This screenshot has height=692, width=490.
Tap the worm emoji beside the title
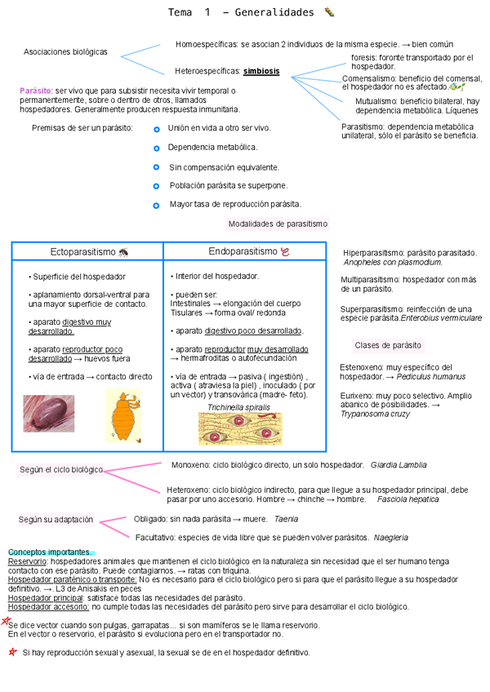329,12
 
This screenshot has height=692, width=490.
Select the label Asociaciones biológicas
65,51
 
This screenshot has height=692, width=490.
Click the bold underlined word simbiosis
261,71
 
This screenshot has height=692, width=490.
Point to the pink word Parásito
35,90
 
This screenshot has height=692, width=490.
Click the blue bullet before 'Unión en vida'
156,129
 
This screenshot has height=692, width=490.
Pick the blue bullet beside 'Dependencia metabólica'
156,148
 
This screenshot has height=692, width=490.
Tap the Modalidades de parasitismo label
278,224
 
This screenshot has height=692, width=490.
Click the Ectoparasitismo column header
84,252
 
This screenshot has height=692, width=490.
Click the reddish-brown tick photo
48,413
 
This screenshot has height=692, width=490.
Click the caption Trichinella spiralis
238,406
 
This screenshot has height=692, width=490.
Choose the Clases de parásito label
388,345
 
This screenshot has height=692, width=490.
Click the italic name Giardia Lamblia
399,465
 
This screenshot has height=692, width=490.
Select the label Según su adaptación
56,520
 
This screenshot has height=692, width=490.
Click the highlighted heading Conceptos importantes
50,552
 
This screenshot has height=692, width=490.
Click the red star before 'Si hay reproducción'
11,653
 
